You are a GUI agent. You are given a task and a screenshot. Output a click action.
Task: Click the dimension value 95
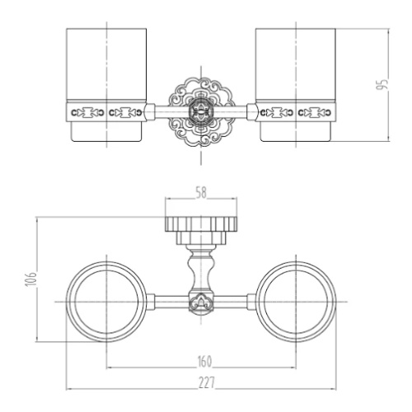point(382,84)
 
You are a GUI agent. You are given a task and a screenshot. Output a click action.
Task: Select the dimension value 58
point(201,193)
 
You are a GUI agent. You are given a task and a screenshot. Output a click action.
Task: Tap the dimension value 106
point(30,279)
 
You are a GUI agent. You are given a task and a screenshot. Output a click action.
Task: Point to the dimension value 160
point(205,362)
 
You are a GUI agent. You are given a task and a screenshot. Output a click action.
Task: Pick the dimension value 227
point(207,383)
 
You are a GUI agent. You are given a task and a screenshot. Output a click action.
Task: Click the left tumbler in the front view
point(106,85)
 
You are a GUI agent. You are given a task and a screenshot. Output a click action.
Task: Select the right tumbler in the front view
point(296,85)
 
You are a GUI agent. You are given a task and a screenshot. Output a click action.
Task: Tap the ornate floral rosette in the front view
point(201,112)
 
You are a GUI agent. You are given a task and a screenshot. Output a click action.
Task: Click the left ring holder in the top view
point(106,302)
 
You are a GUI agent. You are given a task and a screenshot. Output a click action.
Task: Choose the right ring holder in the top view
point(296,302)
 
